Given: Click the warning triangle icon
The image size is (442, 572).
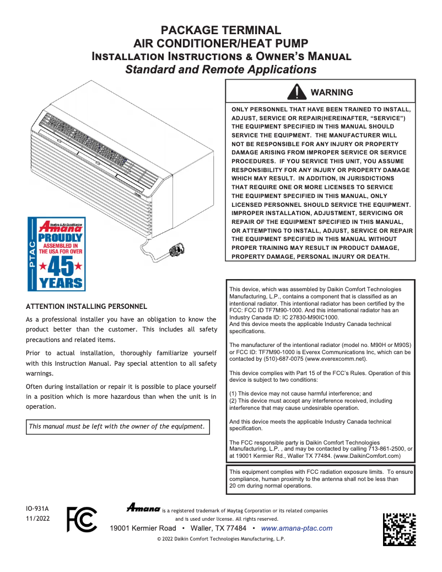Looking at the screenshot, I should point(297,92).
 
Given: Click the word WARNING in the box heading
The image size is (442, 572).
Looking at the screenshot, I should point(332,92).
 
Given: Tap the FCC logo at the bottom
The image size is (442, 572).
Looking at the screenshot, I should point(81,519).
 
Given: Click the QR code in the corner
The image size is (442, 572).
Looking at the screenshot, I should point(399,529).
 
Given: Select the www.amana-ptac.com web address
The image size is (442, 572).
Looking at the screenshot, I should point(297,528).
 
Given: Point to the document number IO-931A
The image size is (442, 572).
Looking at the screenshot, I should point(37,508).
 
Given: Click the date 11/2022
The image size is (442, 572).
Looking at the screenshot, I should point(37,519).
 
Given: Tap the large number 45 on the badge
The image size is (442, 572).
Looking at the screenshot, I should point(57,266).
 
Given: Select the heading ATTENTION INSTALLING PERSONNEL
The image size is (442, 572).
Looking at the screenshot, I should point(87,306).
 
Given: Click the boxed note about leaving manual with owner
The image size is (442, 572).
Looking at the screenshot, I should point(117,426).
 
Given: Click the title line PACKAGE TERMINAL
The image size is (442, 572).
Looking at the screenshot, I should point(220,31).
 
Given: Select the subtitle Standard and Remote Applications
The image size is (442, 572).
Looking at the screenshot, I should point(220,70).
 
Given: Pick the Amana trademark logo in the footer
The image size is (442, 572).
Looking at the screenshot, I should point(143,507).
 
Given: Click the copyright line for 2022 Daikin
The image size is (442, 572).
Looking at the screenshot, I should point(221,539).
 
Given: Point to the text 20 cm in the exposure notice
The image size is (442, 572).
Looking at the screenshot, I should point(238,486).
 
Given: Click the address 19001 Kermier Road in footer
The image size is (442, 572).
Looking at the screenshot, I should point(143,528).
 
